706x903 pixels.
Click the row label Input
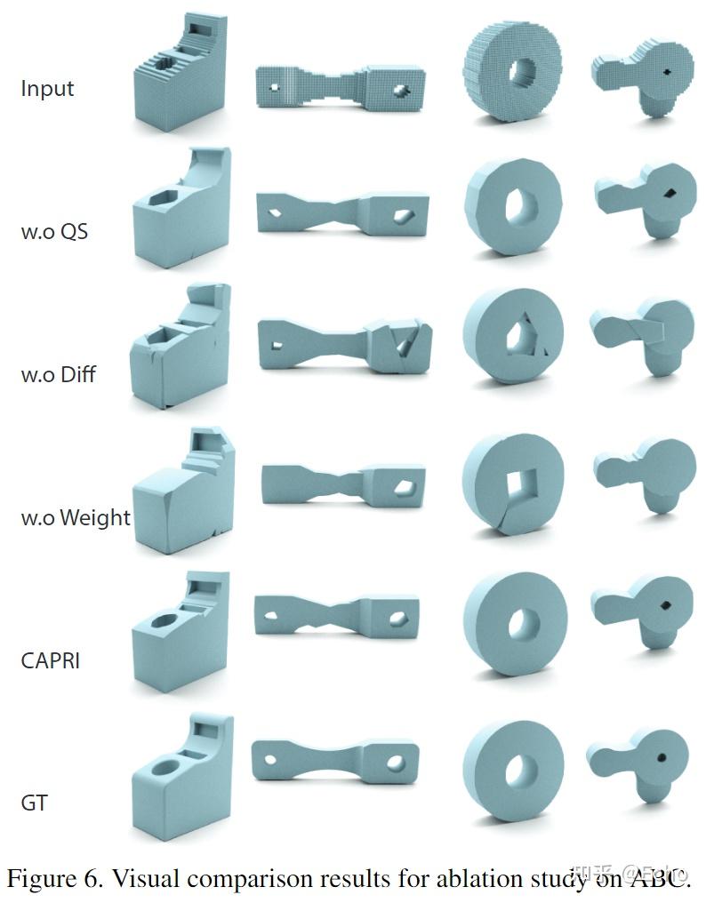(47, 89)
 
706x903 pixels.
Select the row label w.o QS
(54, 232)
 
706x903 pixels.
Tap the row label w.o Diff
(58, 374)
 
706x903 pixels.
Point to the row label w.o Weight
(76, 517)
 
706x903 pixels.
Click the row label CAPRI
(51, 660)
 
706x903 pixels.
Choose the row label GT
(34, 803)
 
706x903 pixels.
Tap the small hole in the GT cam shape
(662, 758)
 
